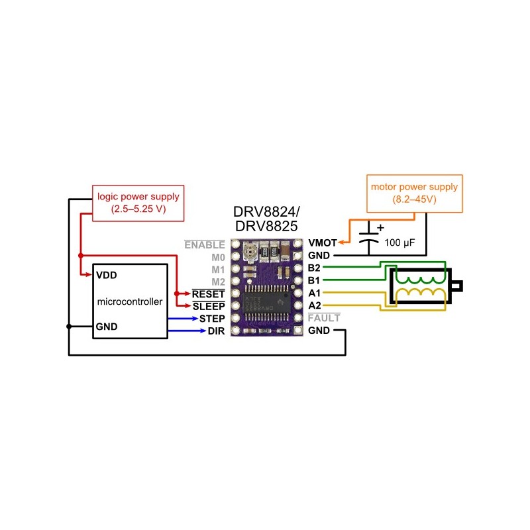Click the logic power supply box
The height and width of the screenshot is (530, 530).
[x=138, y=203]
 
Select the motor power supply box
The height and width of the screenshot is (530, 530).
[x=414, y=193]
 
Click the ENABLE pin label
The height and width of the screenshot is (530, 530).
[x=205, y=244]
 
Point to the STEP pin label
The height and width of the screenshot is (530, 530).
[x=212, y=319]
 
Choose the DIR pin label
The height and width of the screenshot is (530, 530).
[x=216, y=331]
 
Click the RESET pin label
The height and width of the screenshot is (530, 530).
[x=209, y=293]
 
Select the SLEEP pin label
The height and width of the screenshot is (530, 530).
[x=209, y=306]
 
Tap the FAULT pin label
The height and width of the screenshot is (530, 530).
[x=324, y=318]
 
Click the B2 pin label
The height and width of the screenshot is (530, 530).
[x=315, y=268]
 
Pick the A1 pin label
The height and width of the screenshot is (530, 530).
[x=315, y=293]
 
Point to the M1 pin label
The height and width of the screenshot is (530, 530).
[x=218, y=269]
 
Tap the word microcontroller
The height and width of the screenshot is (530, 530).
[x=130, y=301]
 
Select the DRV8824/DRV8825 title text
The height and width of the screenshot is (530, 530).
[x=266, y=219]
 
